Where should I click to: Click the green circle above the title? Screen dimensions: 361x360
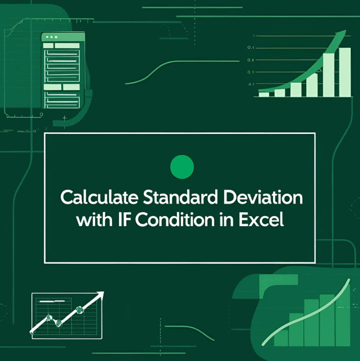click(x=182, y=167)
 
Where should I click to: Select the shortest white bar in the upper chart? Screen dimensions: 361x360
click(x=264, y=94)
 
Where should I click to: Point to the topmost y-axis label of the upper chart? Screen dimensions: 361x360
click(x=253, y=36)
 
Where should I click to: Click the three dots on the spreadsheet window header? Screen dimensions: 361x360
click(x=50, y=37)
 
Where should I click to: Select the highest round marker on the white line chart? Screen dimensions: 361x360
click(x=80, y=309)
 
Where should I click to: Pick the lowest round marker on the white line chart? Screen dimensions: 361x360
click(x=58, y=323)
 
